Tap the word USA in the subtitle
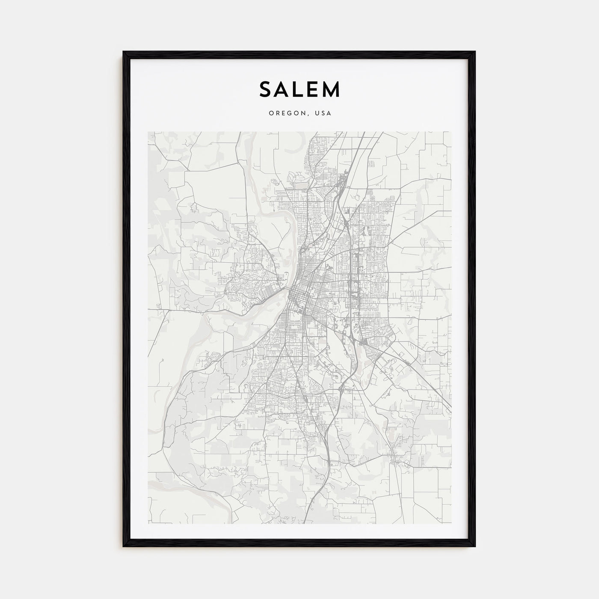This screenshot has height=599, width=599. pyautogui.click(x=322, y=113)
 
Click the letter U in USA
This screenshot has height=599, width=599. pyautogui.click(x=316, y=113)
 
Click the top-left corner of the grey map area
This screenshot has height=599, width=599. pyautogui.click(x=148, y=132)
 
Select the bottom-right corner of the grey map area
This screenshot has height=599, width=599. pyautogui.click(x=451, y=523)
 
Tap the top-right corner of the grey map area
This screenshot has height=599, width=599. pyautogui.click(x=451, y=132)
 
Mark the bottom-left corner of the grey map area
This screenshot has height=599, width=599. pyautogui.click(x=148, y=523)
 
